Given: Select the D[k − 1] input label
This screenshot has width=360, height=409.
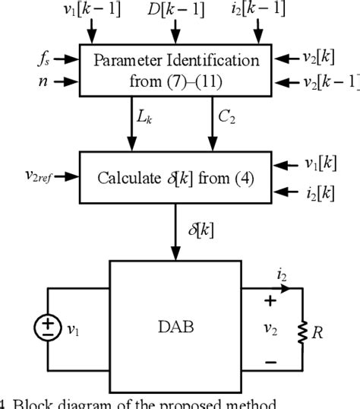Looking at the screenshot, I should pyautogui.click(x=175, y=11).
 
